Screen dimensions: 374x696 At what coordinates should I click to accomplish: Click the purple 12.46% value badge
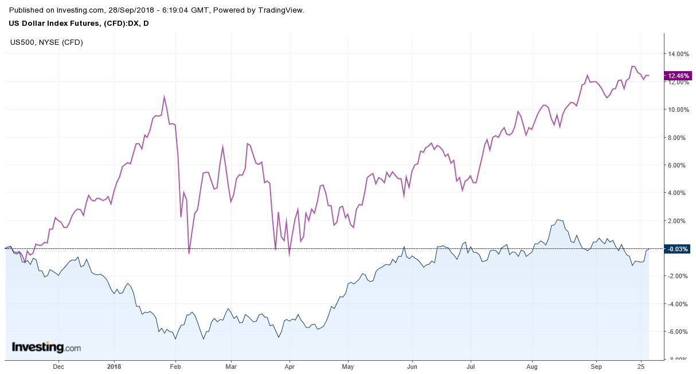pos(677,76)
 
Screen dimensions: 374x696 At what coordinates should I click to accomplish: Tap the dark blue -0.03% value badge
pos(677,249)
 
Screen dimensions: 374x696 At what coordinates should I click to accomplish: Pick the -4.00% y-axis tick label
pos(677,304)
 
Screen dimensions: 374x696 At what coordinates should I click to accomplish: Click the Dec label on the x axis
pos(58,366)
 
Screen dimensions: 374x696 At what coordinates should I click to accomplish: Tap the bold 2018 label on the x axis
pos(114,366)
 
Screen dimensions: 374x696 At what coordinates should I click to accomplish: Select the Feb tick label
pos(175,366)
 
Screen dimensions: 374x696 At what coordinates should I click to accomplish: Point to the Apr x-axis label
pos(289,366)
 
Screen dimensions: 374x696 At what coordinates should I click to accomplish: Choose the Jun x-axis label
pos(411,366)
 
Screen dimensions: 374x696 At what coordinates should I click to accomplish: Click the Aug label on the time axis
pos(532,366)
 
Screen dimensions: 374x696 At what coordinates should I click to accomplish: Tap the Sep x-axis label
pos(597,366)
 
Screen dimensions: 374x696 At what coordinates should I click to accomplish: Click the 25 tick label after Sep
pos(642,366)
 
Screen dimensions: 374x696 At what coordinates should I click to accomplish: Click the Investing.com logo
pos(46,347)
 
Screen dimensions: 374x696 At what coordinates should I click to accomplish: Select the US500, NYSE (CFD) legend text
pos(46,42)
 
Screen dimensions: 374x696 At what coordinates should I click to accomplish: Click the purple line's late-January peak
pos(165,96)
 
